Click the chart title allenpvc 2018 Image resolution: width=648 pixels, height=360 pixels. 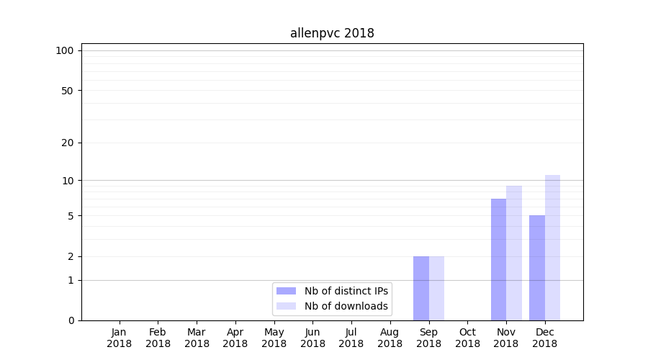[x=332, y=33]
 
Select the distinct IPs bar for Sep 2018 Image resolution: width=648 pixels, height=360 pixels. [x=421, y=288]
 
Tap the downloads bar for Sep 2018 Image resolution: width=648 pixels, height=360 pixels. [x=436, y=288]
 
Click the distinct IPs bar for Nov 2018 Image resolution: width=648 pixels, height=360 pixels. [x=498, y=259]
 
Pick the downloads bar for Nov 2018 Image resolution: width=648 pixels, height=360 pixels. [x=514, y=253]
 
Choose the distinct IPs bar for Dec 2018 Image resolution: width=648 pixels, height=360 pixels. [x=537, y=268]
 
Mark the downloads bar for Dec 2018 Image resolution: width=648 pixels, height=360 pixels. [x=552, y=248]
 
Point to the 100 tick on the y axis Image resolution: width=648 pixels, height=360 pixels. [x=65, y=50]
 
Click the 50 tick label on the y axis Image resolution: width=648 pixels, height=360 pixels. [x=68, y=91]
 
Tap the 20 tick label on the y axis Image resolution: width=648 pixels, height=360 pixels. [x=68, y=143]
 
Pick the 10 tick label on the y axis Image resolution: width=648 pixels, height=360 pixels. [x=68, y=180]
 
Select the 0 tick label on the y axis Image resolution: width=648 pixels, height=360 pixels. [x=71, y=320]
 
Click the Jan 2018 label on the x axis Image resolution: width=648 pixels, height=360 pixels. [x=120, y=338]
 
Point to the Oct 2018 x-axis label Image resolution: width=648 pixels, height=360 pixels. [x=467, y=338]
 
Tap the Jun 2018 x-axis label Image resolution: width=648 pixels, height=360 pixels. [x=312, y=338]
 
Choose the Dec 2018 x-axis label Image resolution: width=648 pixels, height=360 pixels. [x=545, y=338]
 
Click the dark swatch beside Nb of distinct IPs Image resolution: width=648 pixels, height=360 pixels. [x=287, y=291]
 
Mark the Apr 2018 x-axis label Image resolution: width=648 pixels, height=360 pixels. [x=235, y=338]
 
